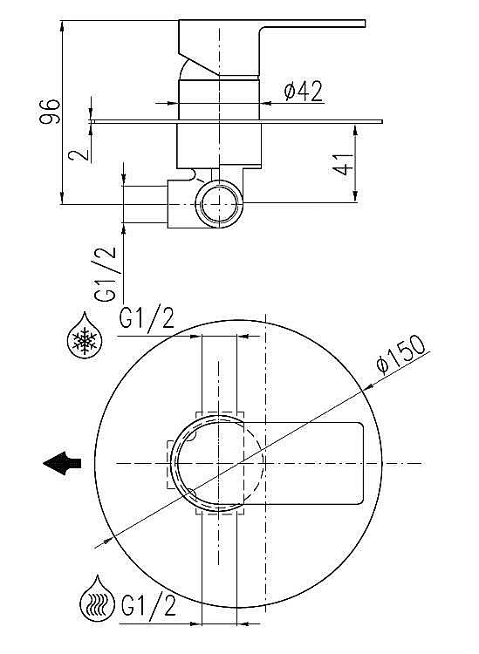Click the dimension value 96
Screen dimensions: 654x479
click(x=51, y=111)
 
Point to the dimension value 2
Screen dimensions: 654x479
click(x=80, y=153)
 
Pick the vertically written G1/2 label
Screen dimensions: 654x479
click(x=105, y=274)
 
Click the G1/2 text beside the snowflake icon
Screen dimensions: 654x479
click(x=146, y=320)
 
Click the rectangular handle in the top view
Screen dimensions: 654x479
click(x=314, y=463)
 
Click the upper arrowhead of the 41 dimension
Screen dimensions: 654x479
click(x=355, y=129)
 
